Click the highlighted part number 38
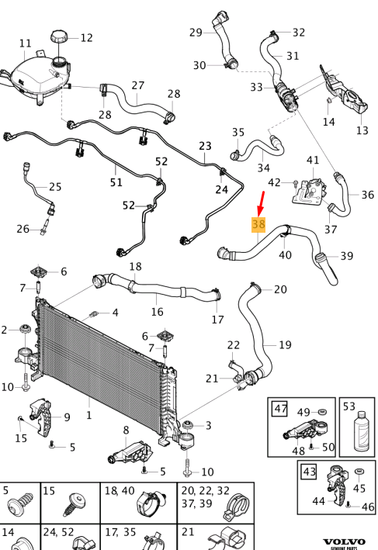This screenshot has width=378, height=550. point(258,225)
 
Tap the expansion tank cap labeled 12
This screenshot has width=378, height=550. point(60,37)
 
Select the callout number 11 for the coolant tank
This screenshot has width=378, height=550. point(25,43)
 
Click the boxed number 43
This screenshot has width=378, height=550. point(309,470)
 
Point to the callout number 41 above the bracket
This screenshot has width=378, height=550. point(313,161)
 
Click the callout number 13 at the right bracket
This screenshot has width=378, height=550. point(362,130)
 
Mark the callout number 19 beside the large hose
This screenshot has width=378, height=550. point(285,344)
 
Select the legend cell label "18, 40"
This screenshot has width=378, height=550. point(122,491)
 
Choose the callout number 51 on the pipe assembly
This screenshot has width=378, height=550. point(116,182)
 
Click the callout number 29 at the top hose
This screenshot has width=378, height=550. point(196,32)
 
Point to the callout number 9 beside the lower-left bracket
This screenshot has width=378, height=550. point(67,417)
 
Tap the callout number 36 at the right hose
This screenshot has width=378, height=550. point(367,195)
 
